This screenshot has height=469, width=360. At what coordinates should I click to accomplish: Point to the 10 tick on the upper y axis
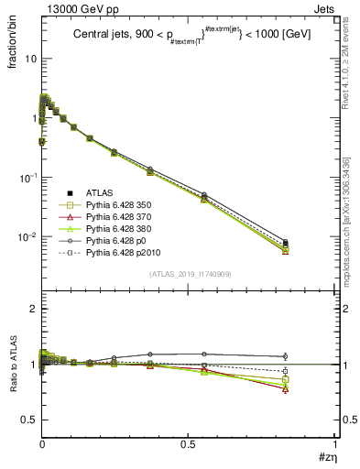tap(29, 58)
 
